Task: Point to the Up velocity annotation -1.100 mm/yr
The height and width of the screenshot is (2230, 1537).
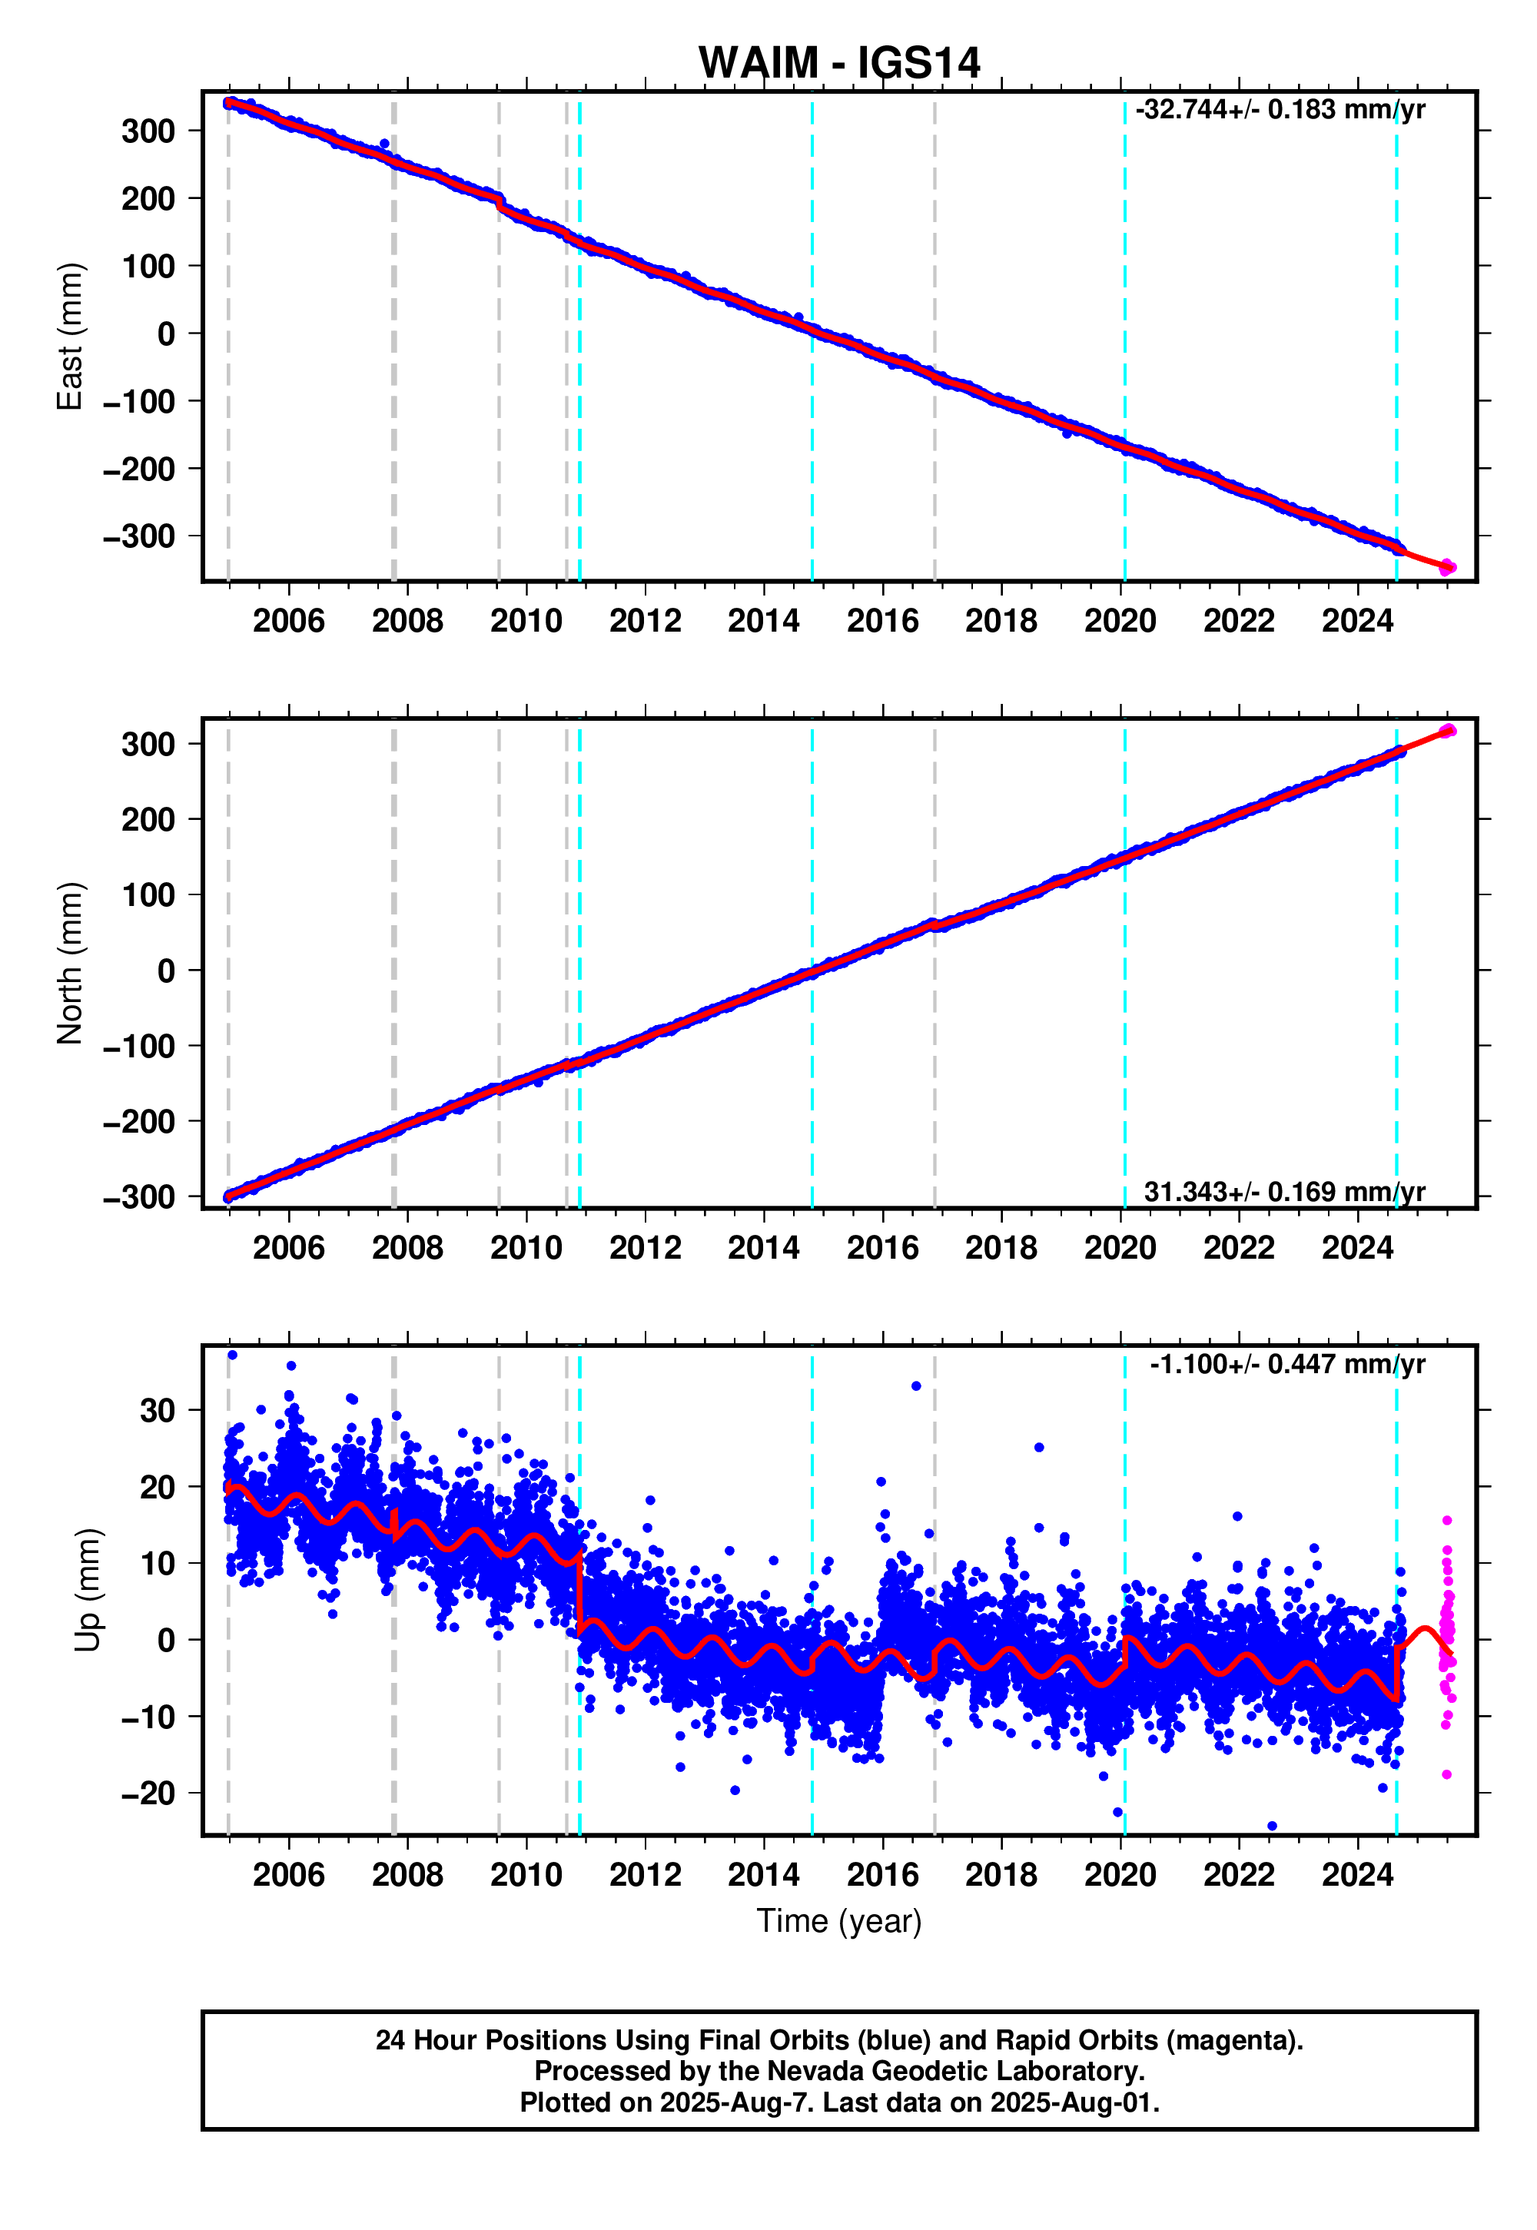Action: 1286,1365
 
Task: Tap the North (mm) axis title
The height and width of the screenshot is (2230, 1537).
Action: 70,963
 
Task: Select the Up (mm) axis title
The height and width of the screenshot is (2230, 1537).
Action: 88,1590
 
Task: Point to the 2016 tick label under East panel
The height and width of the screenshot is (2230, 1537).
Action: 882,621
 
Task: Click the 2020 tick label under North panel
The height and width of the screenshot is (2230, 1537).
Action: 1120,1248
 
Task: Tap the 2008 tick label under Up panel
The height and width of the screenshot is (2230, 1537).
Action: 407,1875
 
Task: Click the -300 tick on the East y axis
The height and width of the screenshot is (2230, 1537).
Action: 140,536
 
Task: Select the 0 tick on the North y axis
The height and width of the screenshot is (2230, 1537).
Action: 167,971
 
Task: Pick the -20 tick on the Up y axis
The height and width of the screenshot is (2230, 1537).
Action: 148,1793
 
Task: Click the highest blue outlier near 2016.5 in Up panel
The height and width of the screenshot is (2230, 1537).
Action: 916,1385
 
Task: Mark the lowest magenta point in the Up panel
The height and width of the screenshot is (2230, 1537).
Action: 1446,1774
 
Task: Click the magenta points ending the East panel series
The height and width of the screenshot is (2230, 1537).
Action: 1447,567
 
